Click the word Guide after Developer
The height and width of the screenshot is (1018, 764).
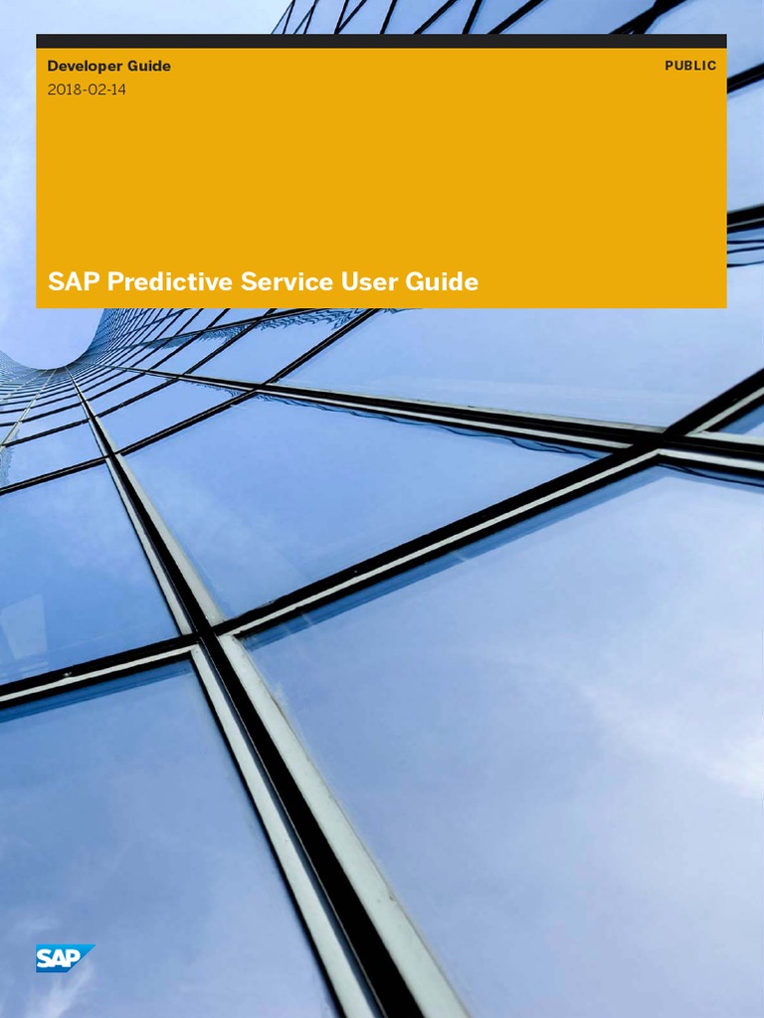tap(148, 67)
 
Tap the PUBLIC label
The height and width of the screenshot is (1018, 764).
tap(690, 66)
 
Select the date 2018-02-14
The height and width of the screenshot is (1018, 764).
tap(87, 89)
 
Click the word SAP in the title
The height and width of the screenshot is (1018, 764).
tap(74, 282)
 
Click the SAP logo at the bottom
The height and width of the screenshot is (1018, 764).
tap(64, 957)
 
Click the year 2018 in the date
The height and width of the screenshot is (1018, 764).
tap(63, 89)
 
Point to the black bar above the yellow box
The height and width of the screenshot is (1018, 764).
tap(381, 41)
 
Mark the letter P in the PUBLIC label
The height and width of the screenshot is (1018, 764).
tap(668, 66)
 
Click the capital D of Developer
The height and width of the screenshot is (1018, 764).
tap(53, 67)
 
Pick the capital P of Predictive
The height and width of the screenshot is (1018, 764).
tap(114, 282)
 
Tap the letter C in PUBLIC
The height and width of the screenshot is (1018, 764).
tap(711, 66)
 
